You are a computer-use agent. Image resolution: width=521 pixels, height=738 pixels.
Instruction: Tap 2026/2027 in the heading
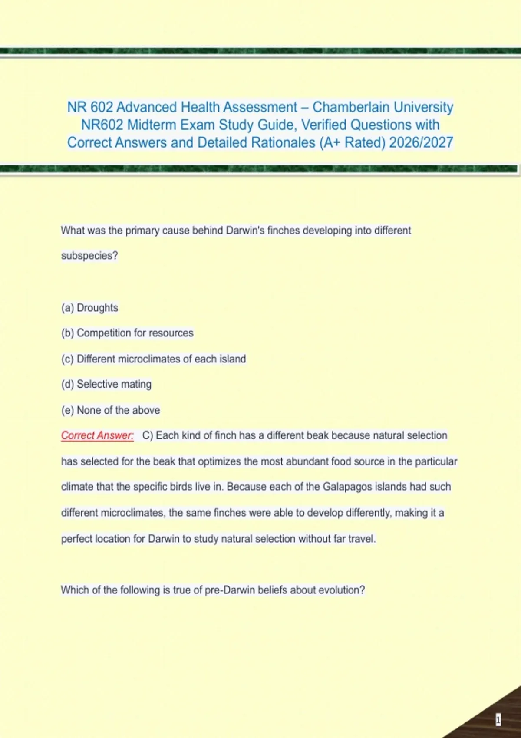click(421, 143)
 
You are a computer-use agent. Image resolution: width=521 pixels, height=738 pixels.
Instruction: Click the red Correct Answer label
click(97, 435)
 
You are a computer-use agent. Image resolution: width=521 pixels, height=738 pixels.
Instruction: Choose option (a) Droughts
click(90, 308)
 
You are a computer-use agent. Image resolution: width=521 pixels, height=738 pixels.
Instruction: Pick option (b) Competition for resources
click(127, 333)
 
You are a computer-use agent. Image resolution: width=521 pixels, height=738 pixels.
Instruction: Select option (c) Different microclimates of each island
click(153, 359)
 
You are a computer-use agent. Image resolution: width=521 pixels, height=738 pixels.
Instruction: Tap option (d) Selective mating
click(106, 384)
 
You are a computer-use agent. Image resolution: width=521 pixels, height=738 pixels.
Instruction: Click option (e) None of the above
click(111, 410)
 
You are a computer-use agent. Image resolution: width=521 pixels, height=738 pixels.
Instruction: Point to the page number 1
click(498, 720)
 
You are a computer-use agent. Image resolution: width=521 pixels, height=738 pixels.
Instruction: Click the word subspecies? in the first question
click(89, 256)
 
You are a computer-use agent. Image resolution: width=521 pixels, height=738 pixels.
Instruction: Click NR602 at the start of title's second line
click(102, 125)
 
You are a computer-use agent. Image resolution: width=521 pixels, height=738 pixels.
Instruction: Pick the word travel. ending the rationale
click(362, 539)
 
